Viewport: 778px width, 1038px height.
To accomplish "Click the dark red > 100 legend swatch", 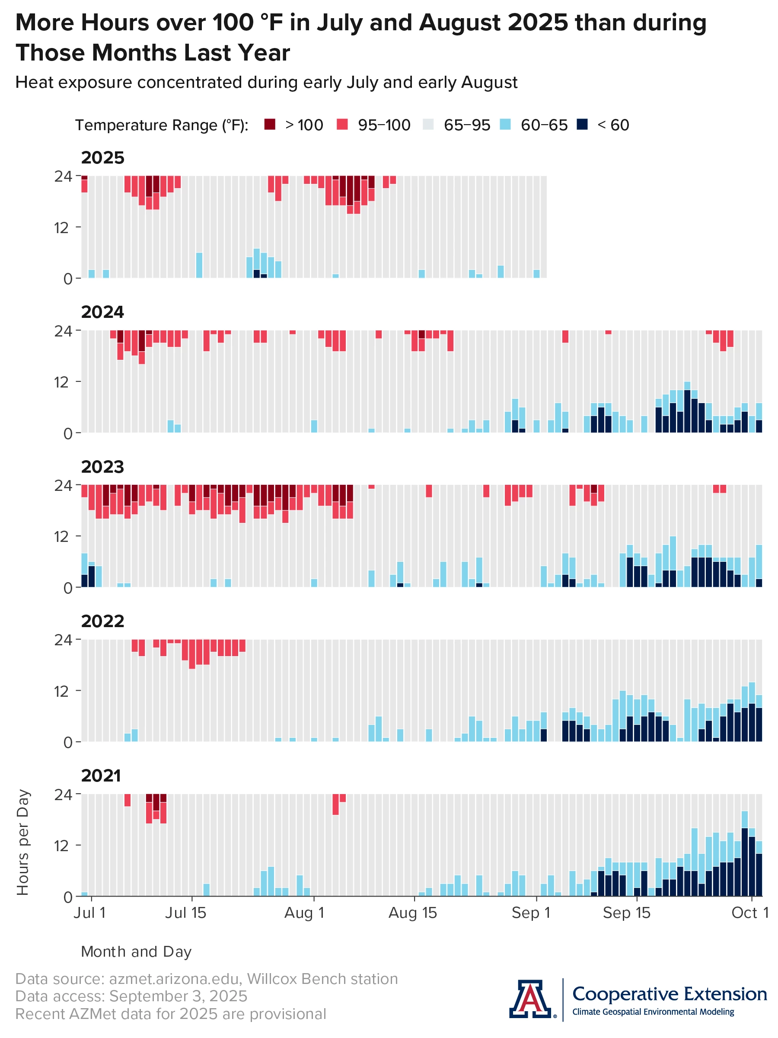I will (270, 125).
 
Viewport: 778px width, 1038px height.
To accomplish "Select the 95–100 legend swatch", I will (342, 125).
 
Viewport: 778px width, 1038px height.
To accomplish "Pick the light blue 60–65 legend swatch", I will (505, 125).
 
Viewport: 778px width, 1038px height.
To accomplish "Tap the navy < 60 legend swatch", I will (582, 125).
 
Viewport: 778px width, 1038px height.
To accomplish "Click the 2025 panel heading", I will (103, 158).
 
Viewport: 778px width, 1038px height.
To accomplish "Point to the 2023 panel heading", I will (103, 467).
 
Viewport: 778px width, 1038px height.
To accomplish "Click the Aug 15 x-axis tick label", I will (413, 913).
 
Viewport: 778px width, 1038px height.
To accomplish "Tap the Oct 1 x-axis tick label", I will (750, 913).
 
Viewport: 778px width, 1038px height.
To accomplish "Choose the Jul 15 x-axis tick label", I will (186, 913).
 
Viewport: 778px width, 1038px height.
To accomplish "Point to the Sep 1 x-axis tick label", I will (530, 913).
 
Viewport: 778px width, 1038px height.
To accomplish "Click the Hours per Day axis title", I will (23, 843).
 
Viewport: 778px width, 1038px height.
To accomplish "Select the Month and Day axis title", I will (136, 951).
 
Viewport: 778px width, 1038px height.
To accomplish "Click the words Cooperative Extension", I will (669, 993).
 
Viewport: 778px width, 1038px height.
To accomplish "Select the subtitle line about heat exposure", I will (266, 83).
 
